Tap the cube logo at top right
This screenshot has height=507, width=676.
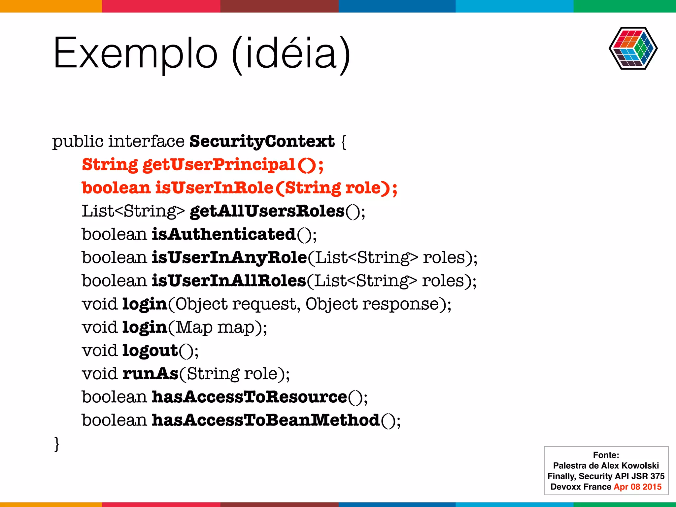[633, 48]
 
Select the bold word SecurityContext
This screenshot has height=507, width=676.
[262, 141]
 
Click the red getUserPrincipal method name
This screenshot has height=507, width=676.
[219, 165]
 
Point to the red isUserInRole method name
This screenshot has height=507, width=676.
[215, 188]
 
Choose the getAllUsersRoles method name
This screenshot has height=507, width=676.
[267, 211]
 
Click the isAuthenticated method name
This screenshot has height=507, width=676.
[224, 234]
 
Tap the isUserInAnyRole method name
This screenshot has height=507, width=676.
[229, 257]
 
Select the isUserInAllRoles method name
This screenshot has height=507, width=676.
[229, 281]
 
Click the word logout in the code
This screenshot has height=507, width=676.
[150, 351]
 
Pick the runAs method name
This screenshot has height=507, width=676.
[150, 374]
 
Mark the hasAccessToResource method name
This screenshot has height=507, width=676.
[249, 397]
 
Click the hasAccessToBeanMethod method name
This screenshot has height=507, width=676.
[266, 420]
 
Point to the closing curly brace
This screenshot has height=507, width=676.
[57, 443]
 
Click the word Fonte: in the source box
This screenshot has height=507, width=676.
[606, 455]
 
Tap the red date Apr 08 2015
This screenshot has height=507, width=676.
[637, 487]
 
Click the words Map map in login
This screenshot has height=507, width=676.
[215, 327]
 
